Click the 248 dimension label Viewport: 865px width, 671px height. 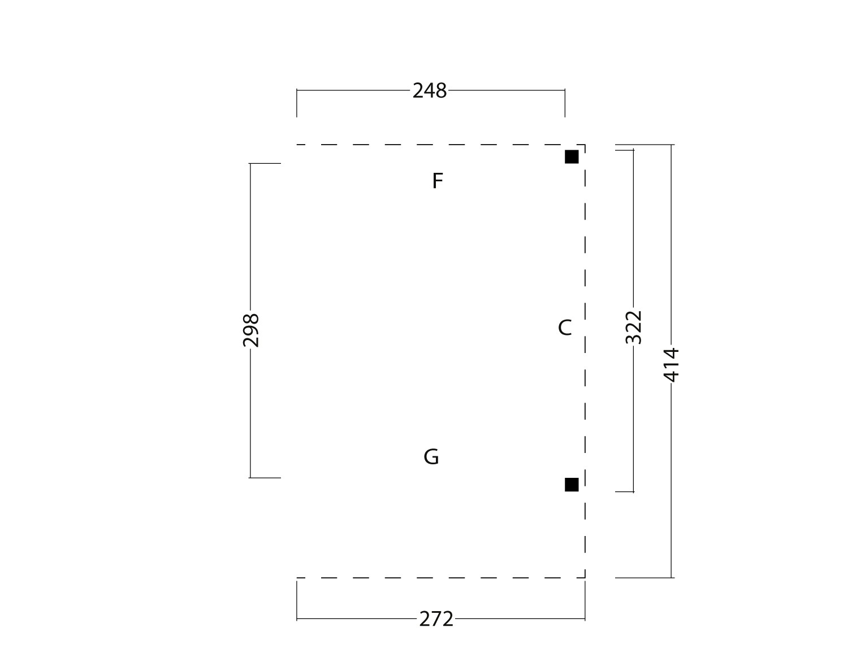coord(429,90)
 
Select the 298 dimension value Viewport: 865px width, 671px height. coord(251,330)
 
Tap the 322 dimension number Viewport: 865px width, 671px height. coord(634,327)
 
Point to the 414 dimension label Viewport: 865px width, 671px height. coord(671,365)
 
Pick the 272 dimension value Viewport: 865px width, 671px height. coord(436,619)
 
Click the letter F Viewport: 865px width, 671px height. coord(438,181)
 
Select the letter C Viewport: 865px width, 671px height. coord(564,328)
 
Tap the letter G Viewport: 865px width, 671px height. coord(431,457)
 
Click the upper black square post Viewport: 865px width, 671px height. coord(572,156)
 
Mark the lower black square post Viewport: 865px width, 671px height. coord(572,485)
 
